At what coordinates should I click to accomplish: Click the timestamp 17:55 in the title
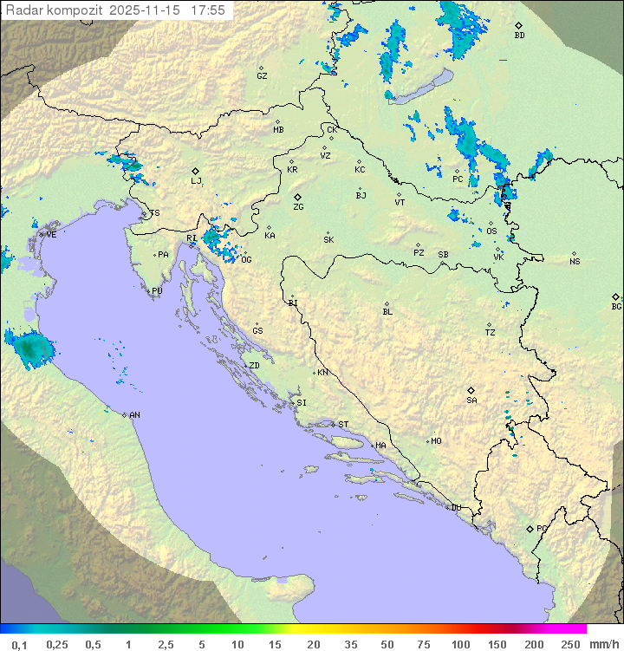(x=209, y=10)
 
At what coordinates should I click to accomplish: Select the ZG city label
(x=298, y=207)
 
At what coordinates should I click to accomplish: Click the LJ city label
(x=196, y=181)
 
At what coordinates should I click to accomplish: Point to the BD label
(x=519, y=36)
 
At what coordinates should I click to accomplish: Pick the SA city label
(x=471, y=400)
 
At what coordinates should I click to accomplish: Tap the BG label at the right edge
(x=616, y=306)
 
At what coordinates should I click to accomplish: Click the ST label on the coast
(x=343, y=425)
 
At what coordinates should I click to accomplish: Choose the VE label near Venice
(x=51, y=235)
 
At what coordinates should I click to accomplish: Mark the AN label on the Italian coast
(x=134, y=415)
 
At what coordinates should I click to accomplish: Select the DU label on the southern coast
(x=455, y=508)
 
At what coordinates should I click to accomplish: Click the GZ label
(x=262, y=76)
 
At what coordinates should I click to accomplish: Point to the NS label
(x=575, y=262)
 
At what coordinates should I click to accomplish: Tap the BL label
(x=387, y=312)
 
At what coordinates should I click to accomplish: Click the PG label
(x=542, y=529)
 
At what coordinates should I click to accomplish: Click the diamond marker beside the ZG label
(x=297, y=198)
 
